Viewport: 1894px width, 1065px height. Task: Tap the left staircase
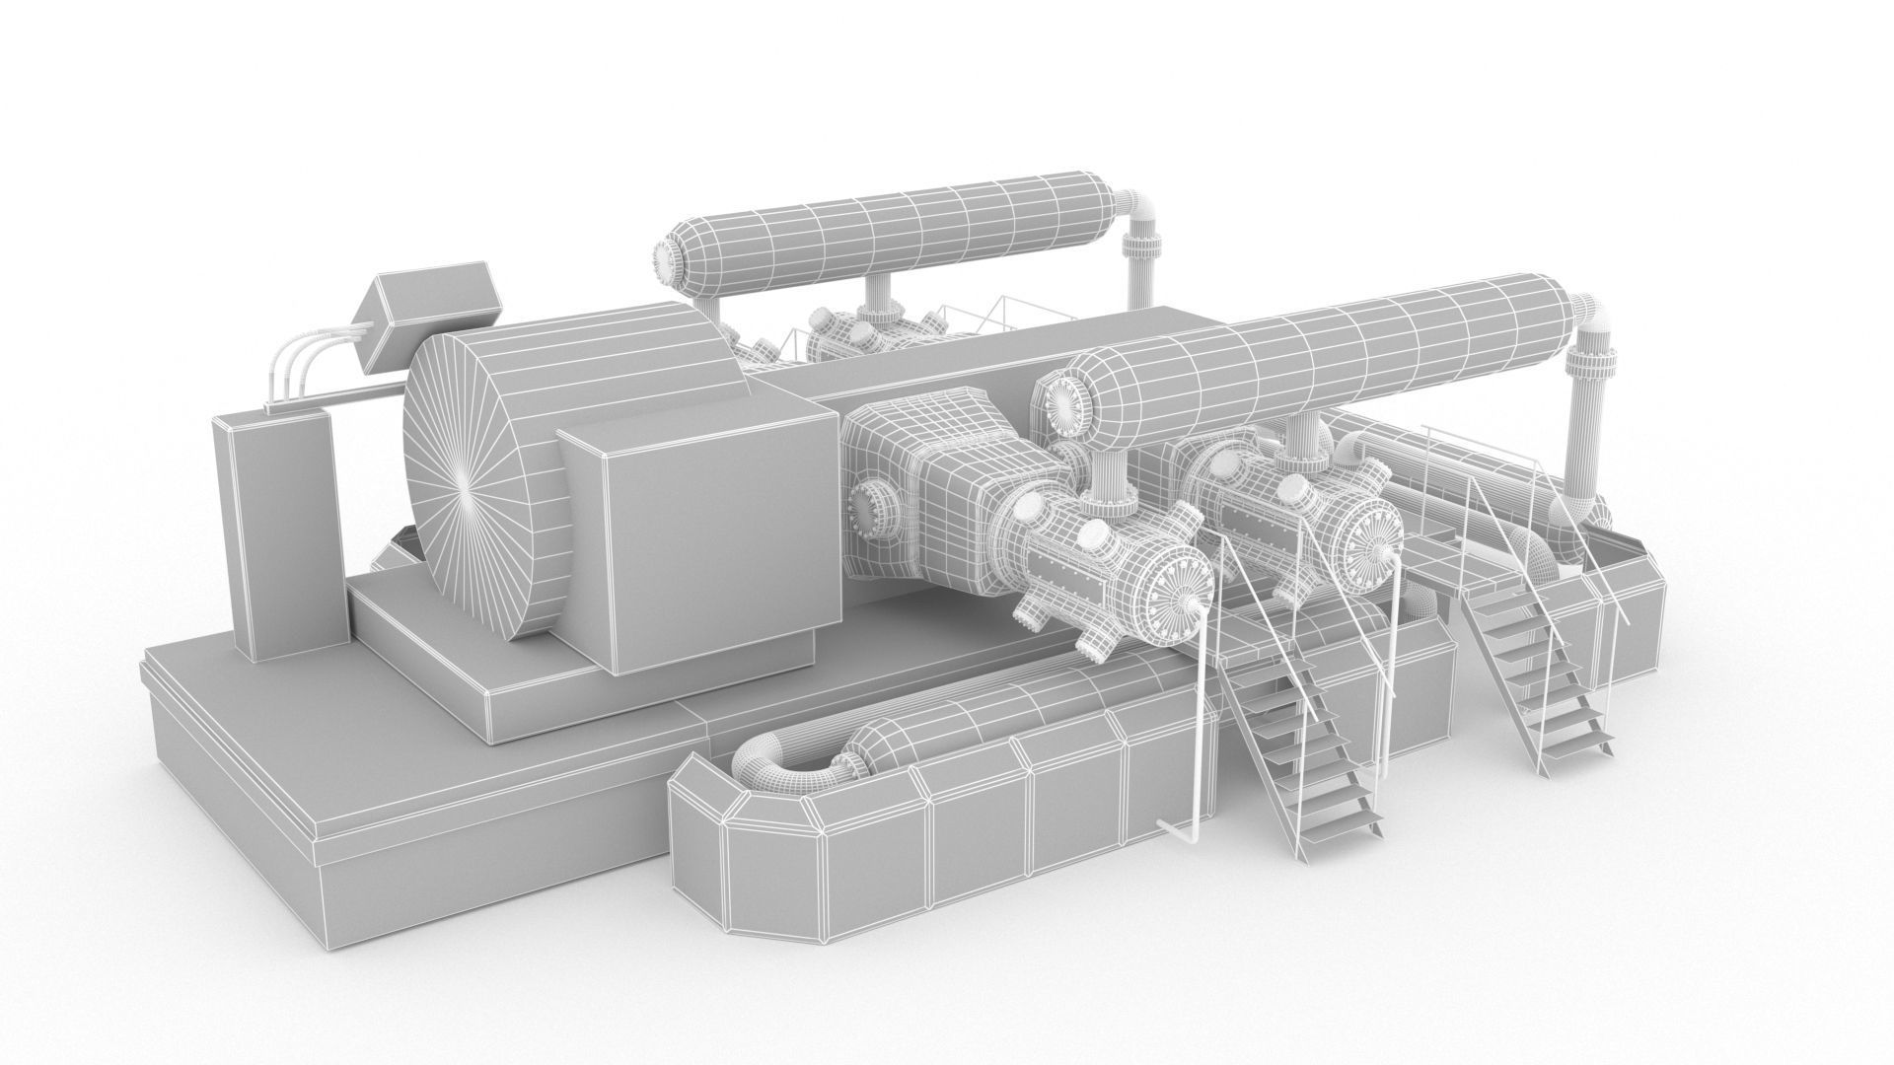point(1292,740)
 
